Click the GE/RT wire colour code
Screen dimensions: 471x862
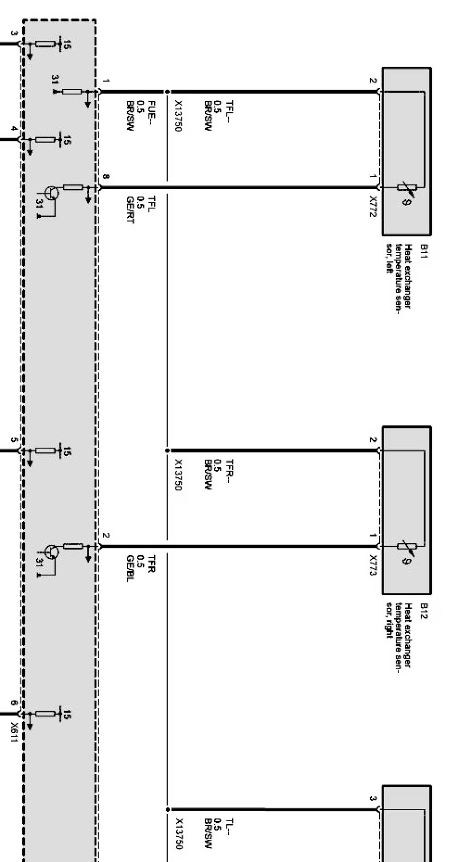(129, 209)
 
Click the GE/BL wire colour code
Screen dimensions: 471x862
(129, 568)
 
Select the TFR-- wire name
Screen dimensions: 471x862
(230, 469)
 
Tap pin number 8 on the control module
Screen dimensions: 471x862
(106, 176)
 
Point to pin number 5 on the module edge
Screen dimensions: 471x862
(14, 440)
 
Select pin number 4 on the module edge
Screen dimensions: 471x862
(14, 129)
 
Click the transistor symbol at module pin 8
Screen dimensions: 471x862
(51, 193)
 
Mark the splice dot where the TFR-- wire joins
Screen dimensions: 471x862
(168, 451)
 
